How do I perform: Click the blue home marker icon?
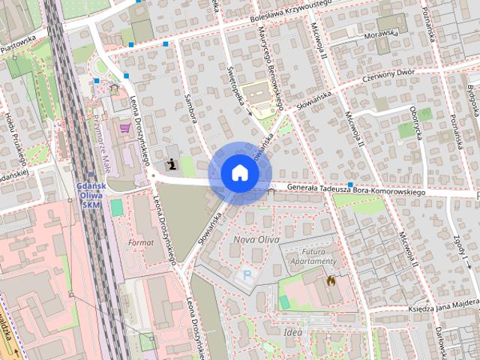tap(239, 172)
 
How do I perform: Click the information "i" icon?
tap(173, 163)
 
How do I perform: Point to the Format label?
tap(141, 243)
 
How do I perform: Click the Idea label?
tap(293, 330)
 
